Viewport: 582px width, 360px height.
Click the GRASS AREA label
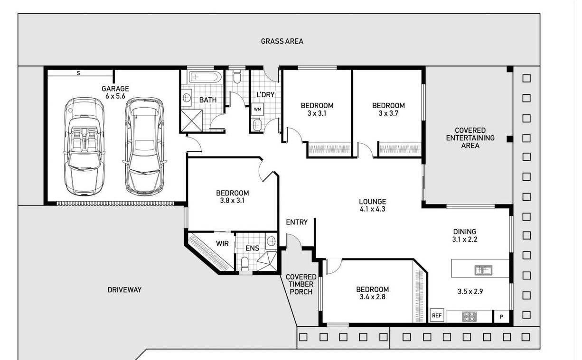282,41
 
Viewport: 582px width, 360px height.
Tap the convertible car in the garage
84,147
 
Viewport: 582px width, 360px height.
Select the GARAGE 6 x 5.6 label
115,92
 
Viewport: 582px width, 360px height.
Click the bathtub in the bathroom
205,77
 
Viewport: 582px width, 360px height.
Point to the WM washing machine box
257,109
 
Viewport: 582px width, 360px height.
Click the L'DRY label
265,95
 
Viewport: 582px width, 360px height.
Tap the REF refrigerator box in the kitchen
437,315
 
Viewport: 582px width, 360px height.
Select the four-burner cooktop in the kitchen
469,317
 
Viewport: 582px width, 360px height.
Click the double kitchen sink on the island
483,270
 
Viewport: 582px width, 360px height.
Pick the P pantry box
501,317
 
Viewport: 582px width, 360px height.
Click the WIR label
222,244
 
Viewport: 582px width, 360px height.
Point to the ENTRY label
297,222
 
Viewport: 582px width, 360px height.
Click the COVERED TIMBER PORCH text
301,285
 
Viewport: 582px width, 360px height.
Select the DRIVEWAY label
124,290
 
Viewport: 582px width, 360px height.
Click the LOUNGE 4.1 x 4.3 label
373,205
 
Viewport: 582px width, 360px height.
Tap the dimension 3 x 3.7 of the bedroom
388,113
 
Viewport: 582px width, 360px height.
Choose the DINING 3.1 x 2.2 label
465,235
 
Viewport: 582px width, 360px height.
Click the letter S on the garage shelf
78,74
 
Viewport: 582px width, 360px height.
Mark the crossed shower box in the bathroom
191,120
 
